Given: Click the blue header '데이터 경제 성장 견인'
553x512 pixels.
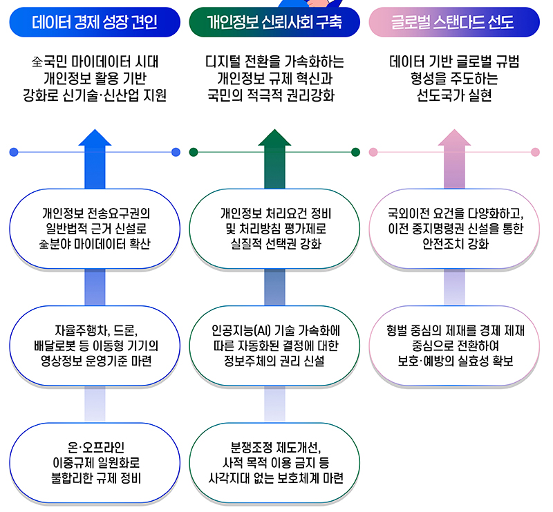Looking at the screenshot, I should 95,23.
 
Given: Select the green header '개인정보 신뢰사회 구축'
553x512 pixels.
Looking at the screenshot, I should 274,23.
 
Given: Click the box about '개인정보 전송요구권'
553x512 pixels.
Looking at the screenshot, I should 95,228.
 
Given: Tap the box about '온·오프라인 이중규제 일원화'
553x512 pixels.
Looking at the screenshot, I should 95,462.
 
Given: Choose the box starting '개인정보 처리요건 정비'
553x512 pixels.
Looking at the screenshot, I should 274,228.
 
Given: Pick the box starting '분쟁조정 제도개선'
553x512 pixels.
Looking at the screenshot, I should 274,462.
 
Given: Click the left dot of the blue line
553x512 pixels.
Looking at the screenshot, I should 14,152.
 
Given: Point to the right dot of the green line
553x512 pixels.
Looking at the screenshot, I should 355,152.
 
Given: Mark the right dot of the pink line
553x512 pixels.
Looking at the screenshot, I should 535,152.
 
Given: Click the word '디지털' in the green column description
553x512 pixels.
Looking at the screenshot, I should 224,62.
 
